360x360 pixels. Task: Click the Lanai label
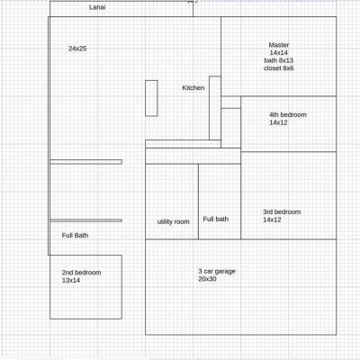[x=97, y=7]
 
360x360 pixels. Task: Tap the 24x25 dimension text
[x=77, y=49]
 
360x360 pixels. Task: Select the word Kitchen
[x=193, y=88]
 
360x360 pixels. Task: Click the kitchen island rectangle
[x=151, y=98]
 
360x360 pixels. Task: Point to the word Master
[x=279, y=45]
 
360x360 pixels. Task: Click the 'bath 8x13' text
[x=279, y=60]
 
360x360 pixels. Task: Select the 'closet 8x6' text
[x=279, y=68]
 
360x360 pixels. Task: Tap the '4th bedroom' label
[x=288, y=115]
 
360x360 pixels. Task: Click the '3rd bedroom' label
[x=282, y=212]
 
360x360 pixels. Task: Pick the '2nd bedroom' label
[x=81, y=273]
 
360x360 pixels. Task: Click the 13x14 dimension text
[x=71, y=281]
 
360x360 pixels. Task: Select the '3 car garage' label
[x=217, y=271]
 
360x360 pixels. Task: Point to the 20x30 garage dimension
[x=207, y=279]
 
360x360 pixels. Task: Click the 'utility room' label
[x=174, y=221]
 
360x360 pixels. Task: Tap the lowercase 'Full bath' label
[x=216, y=220]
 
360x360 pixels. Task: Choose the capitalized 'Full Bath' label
[x=75, y=236]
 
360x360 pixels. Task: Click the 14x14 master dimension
[x=279, y=53]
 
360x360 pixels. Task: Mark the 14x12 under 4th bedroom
[x=278, y=122]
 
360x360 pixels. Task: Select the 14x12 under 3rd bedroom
[x=272, y=220]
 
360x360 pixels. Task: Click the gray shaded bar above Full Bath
[x=86, y=220]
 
